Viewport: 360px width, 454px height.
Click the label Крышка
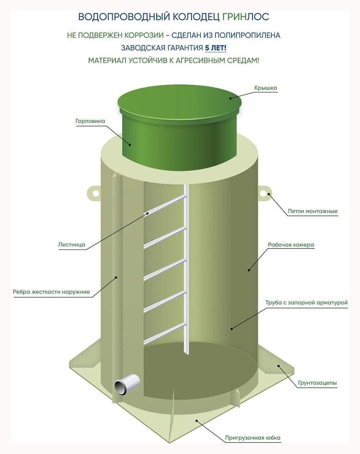tap(265, 88)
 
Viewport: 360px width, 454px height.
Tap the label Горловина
tap(90, 121)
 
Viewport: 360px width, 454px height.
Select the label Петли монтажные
tap(313, 211)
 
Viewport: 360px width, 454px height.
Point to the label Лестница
tap(71, 244)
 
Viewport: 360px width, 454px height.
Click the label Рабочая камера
tap(291, 245)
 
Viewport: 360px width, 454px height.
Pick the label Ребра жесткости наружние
tap(51, 292)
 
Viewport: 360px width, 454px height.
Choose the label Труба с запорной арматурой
tap(306, 302)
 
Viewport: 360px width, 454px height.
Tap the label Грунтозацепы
tap(317, 383)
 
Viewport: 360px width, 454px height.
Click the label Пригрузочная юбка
tap(252, 438)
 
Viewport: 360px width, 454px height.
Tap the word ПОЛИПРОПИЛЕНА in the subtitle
tap(247, 35)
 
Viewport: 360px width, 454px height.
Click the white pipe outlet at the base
tap(127, 384)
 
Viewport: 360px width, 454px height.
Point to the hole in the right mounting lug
tap(263, 194)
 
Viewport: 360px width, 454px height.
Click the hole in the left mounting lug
tap(96, 194)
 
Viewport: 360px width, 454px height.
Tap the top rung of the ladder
tap(165, 205)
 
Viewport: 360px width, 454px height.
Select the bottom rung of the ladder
tap(165, 333)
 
